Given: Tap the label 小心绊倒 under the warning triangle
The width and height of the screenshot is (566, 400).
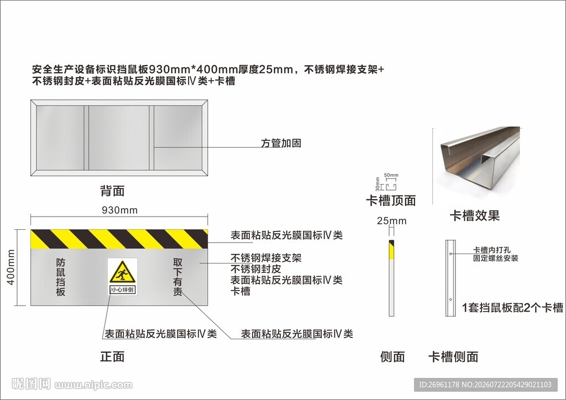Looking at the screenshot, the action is (122, 290).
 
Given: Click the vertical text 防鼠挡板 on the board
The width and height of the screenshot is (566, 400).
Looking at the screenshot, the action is (61, 277).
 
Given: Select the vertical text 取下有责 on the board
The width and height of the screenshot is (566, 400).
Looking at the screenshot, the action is (177, 277).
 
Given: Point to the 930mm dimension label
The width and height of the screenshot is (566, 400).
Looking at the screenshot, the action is (119, 210).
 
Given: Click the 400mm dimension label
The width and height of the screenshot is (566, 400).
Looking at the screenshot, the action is (11, 267).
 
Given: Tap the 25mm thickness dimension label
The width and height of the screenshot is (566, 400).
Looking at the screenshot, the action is (392, 221).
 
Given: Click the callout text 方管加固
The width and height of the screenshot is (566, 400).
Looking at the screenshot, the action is (281, 143).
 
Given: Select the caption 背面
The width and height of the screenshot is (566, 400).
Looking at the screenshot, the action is (112, 191).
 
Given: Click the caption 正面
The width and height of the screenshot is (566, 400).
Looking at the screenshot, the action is (112, 356).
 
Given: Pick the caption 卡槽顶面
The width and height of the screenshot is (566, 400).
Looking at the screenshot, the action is (391, 200).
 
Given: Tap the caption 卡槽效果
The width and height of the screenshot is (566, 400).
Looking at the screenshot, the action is (475, 215).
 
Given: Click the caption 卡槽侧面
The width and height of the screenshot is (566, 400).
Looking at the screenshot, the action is (453, 357).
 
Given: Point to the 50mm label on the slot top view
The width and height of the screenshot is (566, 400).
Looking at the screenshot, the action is (391, 175).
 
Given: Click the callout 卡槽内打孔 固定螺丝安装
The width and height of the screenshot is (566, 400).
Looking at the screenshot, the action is (496, 254).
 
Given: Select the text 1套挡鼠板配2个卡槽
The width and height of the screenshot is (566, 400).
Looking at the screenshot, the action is (512, 307).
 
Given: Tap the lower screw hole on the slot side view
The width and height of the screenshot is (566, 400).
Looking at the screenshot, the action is (450, 299).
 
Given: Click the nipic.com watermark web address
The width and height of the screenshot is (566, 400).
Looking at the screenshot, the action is (93, 385).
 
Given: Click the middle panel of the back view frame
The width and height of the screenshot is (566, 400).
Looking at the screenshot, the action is (119, 138).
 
